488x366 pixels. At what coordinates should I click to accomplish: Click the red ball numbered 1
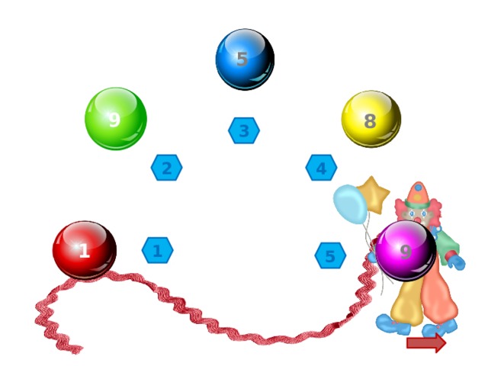[x=84, y=250]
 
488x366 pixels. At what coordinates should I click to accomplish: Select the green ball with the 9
[x=115, y=118]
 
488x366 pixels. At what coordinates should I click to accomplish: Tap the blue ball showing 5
[x=244, y=59]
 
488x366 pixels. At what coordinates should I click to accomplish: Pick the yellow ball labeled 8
[x=371, y=120]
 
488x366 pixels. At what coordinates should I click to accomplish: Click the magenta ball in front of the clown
[x=406, y=250]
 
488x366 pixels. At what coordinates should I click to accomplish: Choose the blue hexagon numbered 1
[x=157, y=250]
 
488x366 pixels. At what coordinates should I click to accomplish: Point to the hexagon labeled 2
[x=166, y=168]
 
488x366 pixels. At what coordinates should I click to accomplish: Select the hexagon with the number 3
[x=244, y=130]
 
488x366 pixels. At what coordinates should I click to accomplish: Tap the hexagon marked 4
[x=321, y=168]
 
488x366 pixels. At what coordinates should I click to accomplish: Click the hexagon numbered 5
[x=330, y=255]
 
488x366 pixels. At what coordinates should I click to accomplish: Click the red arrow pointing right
[x=426, y=343]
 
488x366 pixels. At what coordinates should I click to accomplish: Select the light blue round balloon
[x=350, y=204]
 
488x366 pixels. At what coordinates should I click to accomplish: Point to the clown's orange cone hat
[x=418, y=194]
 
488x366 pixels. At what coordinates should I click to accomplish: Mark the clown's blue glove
[x=456, y=262]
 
